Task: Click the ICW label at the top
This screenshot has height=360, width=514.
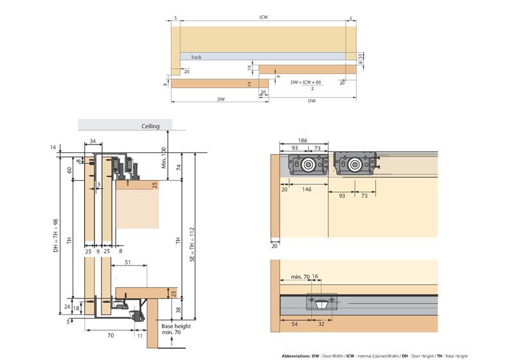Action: tap(264, 18)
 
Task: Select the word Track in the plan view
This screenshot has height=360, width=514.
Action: tap(196, 57)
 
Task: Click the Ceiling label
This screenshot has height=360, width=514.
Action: tap(150, 127)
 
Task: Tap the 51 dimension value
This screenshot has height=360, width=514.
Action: tap(128, 262)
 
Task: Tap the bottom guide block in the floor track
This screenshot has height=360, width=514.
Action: tap(321, 303)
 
